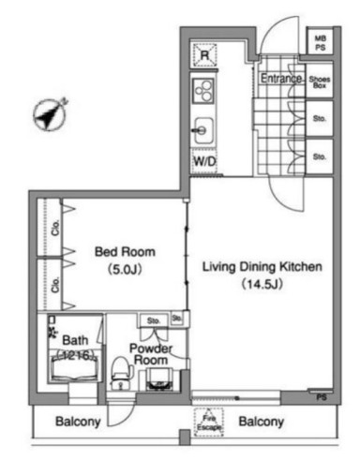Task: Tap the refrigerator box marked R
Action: (x=203, y=55)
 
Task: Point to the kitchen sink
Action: (x=203, y=129)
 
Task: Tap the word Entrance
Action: (x=279, y=79)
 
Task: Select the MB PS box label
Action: (x=320, y=42)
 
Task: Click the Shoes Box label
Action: (x=320, y=81)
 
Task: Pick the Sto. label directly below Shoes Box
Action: (x=320, y=119)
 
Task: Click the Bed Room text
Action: (x=124, y=252)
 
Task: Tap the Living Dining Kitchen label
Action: (x=263, y=267)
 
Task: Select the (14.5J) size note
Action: (x=263, y=284)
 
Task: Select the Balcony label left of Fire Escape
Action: (x=77, y=423)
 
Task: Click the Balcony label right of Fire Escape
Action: (x=262, y=423)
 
